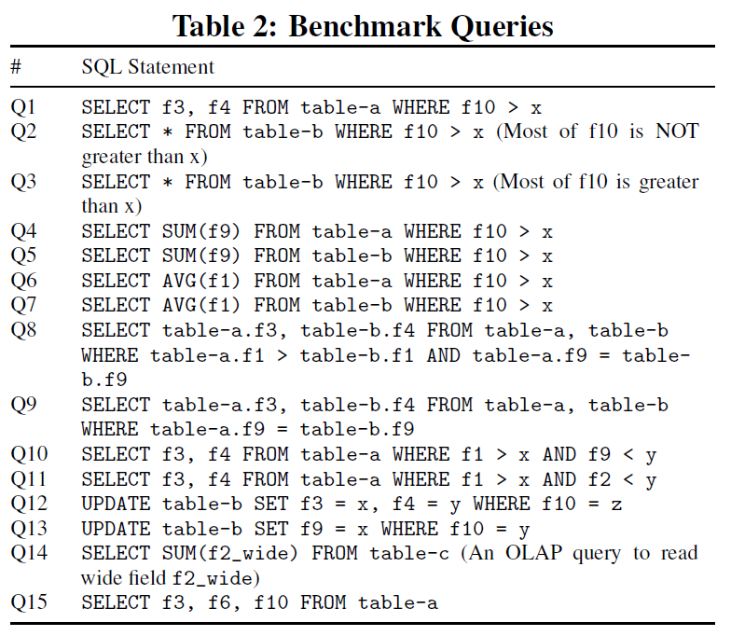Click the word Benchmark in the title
365,26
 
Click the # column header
16,67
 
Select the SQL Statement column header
147,67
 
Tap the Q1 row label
22,107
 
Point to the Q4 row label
23,231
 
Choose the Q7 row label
23,304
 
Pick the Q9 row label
23,405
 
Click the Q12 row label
29,504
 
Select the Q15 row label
29,602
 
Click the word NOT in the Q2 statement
677,131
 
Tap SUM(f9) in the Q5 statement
201,256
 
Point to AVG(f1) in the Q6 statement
201,281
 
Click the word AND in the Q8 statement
444,355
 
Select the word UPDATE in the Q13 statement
116,529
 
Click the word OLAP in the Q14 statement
533,553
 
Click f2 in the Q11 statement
600,479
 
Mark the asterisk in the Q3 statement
168,182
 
